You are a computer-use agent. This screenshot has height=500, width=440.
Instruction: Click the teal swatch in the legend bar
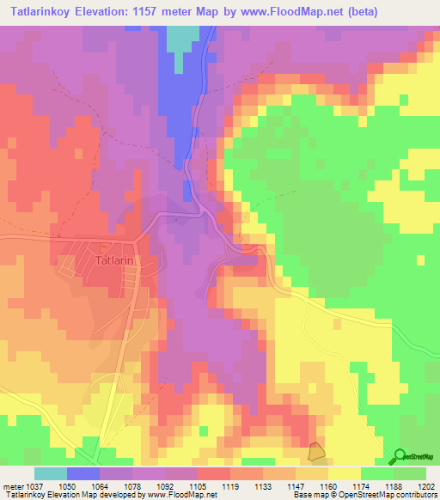point(51,474)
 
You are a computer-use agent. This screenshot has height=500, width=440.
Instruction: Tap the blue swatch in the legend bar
point(83,474)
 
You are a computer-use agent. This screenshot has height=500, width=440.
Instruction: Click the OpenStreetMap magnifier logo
point(399,456)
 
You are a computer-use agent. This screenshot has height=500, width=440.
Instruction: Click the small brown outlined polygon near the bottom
point(317,450)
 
